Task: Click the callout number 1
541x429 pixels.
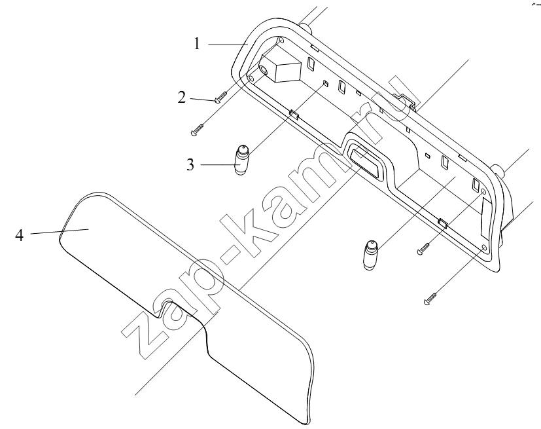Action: (x=197, y=45)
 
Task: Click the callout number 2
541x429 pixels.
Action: (x=182, y=98)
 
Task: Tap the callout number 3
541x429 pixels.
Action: (x=190, y=165)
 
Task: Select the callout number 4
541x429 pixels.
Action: (x=20, y=236)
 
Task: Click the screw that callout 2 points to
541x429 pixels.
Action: (x=220, y=96)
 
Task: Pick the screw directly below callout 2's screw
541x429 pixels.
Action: (x=198, y=130)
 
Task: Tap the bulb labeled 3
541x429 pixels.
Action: (x=242, y=160)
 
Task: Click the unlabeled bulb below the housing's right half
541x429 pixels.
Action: (x=370, y=255)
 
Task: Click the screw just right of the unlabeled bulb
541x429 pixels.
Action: (x=424, y=249)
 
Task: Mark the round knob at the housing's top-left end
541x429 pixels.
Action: (x=305, y=28)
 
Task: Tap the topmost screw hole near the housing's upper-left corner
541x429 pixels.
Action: (x=281, y=41)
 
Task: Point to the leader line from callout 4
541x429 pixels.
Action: (x=60, y=231)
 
